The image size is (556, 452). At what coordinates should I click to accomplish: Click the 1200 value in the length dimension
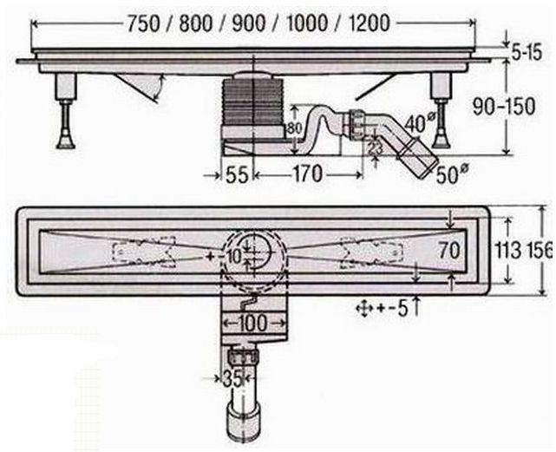point(370,23)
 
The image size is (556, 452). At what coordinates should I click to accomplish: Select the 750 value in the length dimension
point(143,24)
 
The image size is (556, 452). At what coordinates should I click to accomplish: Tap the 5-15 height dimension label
point(527,53)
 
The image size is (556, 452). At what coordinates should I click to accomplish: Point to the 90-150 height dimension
point(504,106)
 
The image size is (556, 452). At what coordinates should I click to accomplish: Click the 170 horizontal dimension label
point(307,174)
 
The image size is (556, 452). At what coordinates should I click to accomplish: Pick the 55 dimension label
point(237,175)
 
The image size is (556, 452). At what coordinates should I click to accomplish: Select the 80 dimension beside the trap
point(294,128)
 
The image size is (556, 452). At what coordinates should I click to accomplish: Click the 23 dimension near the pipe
point(375,146)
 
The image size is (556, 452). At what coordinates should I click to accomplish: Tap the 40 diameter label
point(417,122)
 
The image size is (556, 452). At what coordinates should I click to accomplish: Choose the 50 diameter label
point(451,174)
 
